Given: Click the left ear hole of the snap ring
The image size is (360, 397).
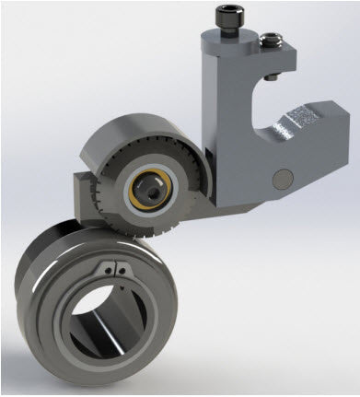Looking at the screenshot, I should pyautogui.click(x=108, y=270).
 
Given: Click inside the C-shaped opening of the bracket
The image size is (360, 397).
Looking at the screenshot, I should pyautogui.click(x=262, y=106).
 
